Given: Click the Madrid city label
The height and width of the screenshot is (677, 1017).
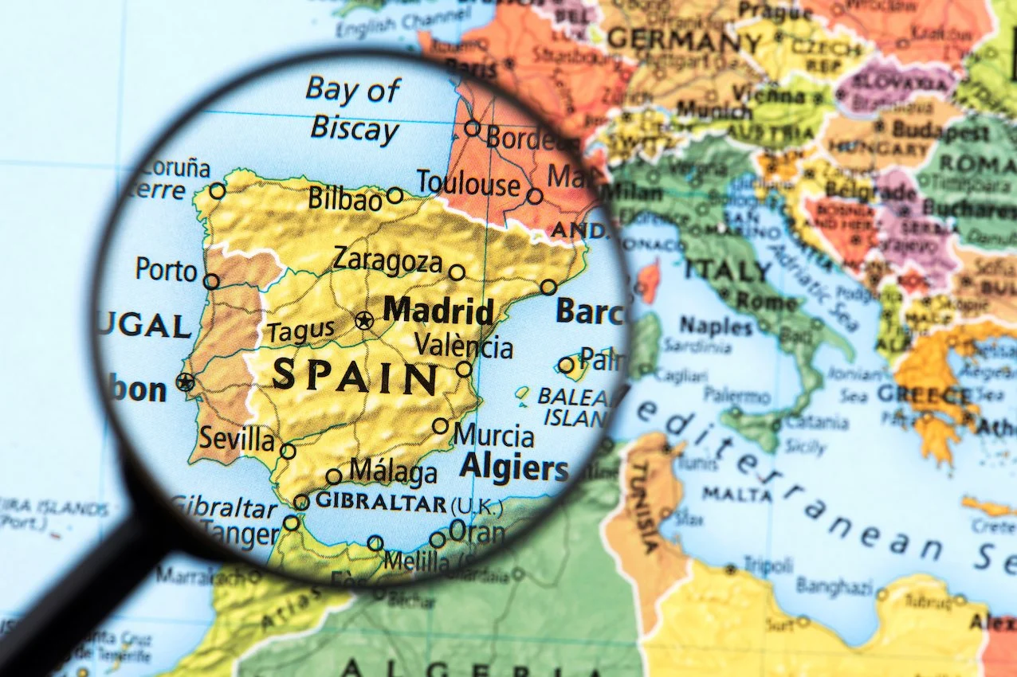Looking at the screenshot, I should tap(438, 311).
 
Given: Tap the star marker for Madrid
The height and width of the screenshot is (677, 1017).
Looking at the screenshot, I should tap(364, 321).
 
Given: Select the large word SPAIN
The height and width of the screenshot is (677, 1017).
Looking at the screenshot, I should tap(355, 377).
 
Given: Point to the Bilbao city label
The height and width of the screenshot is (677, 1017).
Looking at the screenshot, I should tap(345, 198).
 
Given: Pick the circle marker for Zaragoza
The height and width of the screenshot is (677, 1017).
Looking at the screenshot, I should tap(457, 272).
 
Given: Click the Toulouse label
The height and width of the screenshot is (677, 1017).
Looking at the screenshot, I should tap(468, 184).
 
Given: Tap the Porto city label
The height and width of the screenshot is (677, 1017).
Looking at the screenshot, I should tap(166, 269).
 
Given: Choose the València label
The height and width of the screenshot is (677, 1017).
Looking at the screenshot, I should tap(464, 346).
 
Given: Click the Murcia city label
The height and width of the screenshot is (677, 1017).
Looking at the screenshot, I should tap(493, 436).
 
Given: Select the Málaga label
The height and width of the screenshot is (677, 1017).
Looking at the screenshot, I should tap(393, 471).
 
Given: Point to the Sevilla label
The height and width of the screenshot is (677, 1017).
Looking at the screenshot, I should tap(237, 439).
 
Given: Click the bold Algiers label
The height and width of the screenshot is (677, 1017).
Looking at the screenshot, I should tap(514, 468).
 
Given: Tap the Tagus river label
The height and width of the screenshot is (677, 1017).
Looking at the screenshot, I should tap(300, 331).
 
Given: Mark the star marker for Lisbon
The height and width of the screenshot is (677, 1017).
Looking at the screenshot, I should tap(186, 382).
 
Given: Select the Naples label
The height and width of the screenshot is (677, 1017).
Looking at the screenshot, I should tap(717, 325).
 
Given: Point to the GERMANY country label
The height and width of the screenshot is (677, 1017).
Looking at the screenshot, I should tap(685, 40).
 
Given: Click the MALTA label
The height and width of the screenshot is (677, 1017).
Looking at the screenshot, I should tap(737, 495).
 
